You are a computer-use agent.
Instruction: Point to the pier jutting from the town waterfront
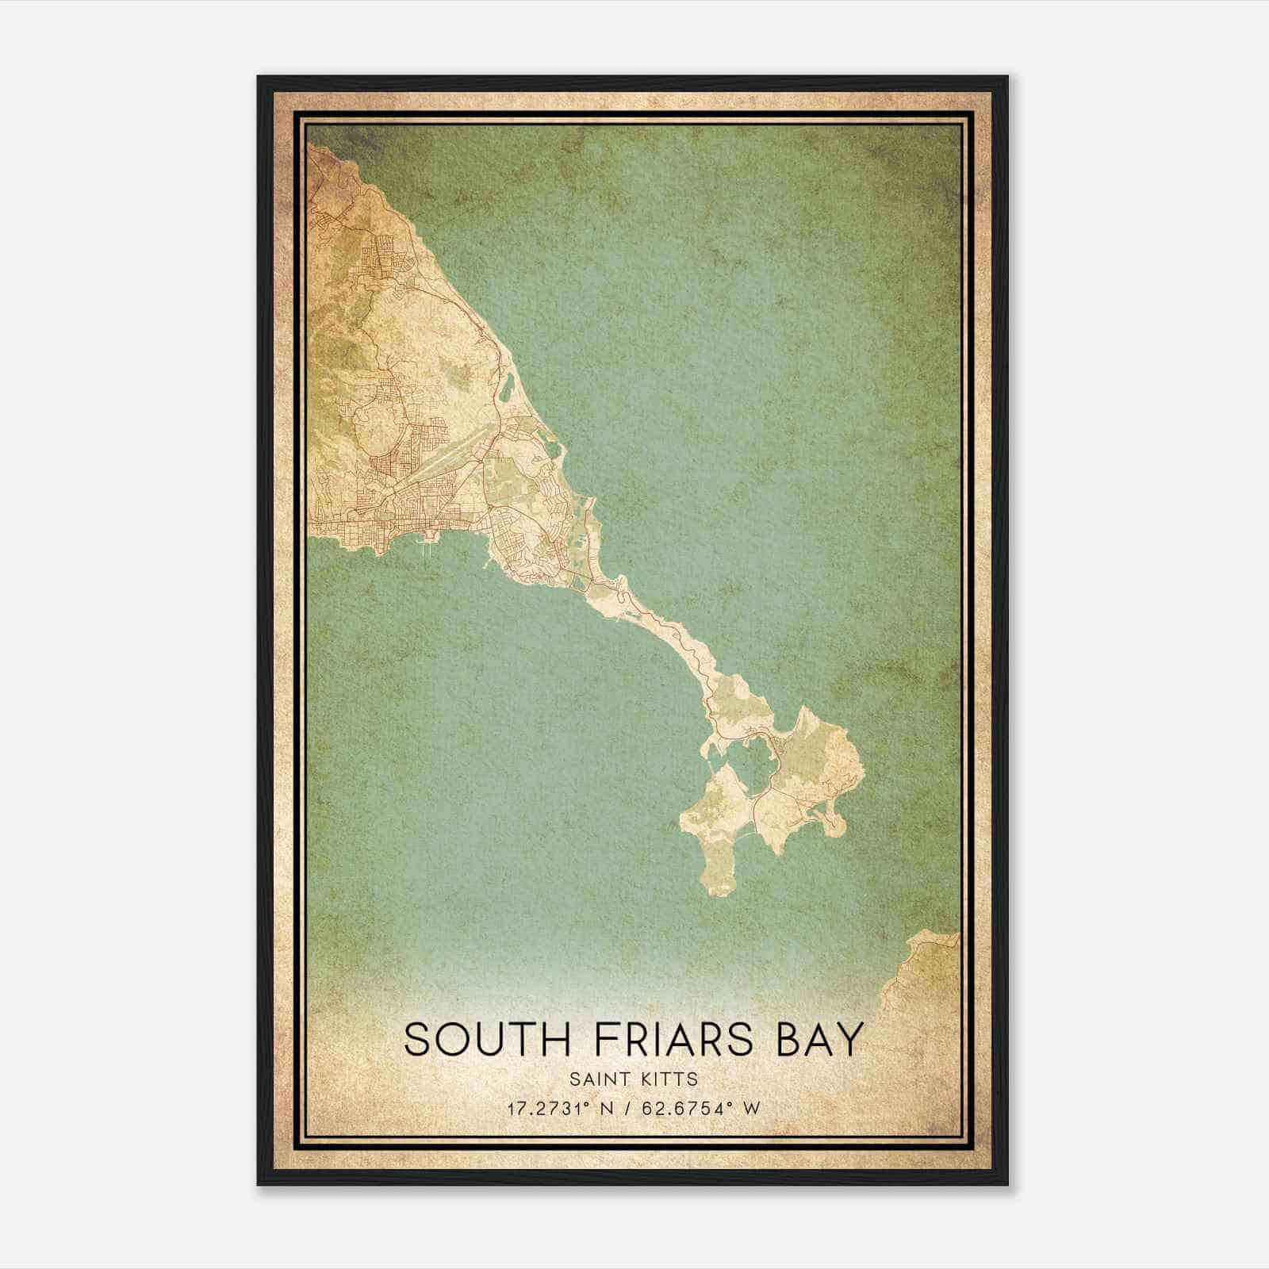(x=429, y=544)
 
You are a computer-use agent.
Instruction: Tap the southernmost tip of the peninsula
(x=719, y=892)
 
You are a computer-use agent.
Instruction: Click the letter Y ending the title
(x=849, y=1039)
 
